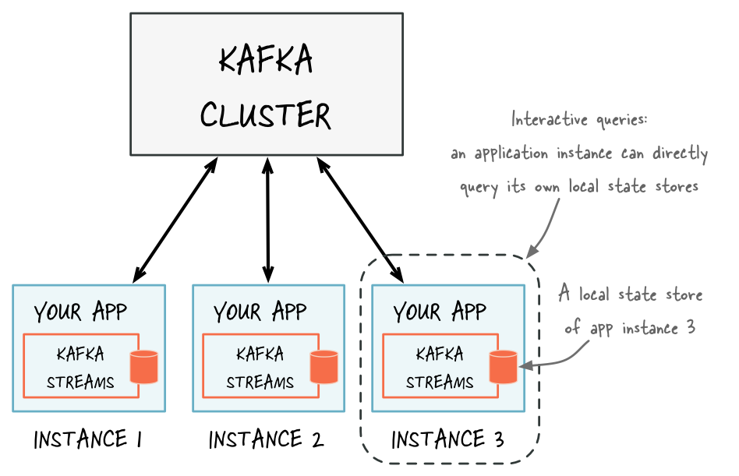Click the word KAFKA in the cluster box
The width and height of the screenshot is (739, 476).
click(x=266, y=60)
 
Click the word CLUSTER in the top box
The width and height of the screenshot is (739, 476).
click(x=266, y=115)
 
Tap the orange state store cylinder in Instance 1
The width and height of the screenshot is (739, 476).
click(x=144, y=367)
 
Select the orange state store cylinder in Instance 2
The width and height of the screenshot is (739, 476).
click(x=324, y=367)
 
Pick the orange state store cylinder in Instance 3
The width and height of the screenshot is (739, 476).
click(x=504, y=367)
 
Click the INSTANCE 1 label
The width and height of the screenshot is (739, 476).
click(x=87, y=440)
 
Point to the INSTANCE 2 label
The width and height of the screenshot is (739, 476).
click(x=266, y=440)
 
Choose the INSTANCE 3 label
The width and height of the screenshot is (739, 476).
click(x=447, y=440)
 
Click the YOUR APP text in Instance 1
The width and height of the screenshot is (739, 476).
click(x=80, y=312)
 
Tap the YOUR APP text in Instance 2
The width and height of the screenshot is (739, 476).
click(x=260, y=312)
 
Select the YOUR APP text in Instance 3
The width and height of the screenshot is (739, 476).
click(x=440, y=312)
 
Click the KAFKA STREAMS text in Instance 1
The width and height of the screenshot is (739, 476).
click(x=80, y=368)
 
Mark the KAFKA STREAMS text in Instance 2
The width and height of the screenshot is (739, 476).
click(x=260, y=368)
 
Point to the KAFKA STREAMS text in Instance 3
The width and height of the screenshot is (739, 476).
click(x=440, y=368)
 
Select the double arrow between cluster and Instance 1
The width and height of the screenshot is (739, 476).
click(x=175, y=219)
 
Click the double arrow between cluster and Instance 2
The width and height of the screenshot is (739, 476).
click(x=268, y=219)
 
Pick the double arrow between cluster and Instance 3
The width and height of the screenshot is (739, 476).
click(x=360, y=219)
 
